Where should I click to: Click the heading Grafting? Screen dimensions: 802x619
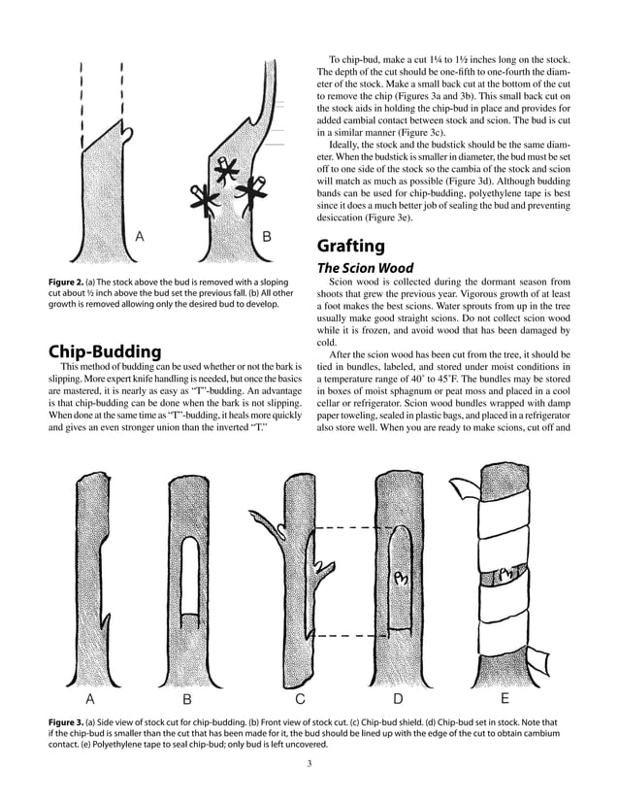click(351, 246)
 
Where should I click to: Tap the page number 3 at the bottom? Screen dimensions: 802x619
click(309, 764)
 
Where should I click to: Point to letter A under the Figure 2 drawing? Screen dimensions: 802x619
click(140, 236)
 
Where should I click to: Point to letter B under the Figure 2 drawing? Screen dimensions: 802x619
click(267, 236)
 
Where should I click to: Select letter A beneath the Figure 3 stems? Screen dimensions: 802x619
click(90, 698)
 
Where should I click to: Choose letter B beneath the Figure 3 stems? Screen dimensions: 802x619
click(186, 699)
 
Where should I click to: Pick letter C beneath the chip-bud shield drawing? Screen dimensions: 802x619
click(300, 699)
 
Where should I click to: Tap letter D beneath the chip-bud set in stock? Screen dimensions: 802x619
click(398, 699)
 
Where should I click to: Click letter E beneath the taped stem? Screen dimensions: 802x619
click(505, 698)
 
